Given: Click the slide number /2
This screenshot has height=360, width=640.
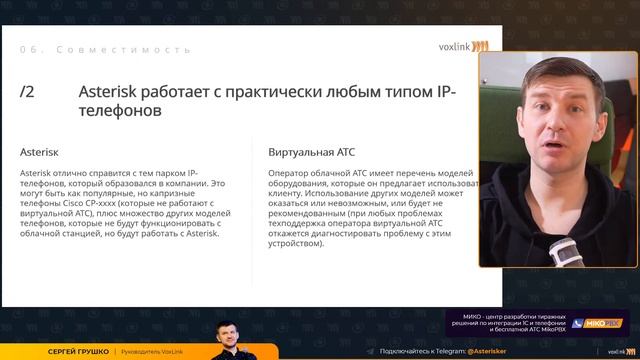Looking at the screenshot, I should (x=28, y=92).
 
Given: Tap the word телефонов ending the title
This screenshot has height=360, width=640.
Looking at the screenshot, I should (x=119, y=113).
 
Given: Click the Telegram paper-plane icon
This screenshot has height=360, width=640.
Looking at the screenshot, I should (x=370, y=352).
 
